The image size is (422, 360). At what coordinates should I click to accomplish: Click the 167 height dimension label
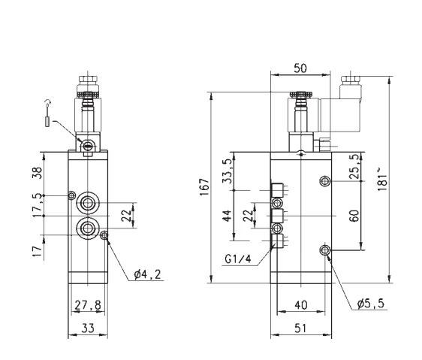point(205,186)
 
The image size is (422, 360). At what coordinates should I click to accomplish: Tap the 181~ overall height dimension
point(382,179)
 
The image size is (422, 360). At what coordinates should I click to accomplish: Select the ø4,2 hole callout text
point(147,274)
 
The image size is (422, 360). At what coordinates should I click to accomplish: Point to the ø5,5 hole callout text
point(371,304)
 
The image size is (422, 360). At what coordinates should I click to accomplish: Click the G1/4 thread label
point(238,259)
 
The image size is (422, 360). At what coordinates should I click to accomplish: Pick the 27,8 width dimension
point(88,305)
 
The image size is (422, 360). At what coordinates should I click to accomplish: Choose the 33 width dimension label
point(88,328)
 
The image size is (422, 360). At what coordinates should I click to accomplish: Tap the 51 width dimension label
point(300,328)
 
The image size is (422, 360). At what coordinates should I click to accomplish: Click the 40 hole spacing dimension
point(300,305)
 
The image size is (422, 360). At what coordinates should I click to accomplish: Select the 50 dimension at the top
point(300,68)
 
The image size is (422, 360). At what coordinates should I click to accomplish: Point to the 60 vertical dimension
point(354,216)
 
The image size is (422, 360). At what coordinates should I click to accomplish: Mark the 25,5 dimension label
point(354,166)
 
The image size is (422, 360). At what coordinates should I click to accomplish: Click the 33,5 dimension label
point(228,171)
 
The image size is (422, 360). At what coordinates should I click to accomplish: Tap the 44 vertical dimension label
point(228,216)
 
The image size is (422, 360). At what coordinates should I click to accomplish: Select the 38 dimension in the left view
point(37,173)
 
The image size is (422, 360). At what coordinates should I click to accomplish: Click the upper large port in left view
point(88,203)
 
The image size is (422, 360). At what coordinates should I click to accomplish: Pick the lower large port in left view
point(88,228)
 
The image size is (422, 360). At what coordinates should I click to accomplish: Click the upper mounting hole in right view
point(325,181)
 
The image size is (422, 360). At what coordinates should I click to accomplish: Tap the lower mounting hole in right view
point(325,250)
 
